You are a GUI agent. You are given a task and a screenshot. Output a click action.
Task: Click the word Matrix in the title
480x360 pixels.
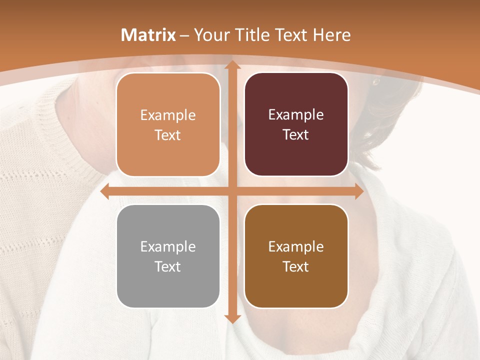pos(148,35)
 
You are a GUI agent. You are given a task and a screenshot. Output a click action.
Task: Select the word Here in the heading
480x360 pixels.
pos(332,35)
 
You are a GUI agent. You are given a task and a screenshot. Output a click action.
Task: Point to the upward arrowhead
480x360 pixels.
pos(232,65)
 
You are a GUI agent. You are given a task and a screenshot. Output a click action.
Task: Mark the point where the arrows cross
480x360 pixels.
pos(232,191)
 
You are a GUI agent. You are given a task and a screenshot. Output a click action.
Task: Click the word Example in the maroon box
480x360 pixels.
pos(296,115)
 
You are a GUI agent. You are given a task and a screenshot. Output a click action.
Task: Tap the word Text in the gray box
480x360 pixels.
pos(168,266)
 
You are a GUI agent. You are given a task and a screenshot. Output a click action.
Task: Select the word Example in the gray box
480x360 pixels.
pos(168,246)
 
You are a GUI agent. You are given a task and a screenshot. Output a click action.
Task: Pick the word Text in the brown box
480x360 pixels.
pos(296,266)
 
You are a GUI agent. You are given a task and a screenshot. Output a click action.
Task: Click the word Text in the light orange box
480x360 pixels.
pos(168,135)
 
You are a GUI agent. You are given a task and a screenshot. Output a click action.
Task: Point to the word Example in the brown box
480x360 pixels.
pos(296,246)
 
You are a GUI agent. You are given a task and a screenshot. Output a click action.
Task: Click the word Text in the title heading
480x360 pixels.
pos(290,35)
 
